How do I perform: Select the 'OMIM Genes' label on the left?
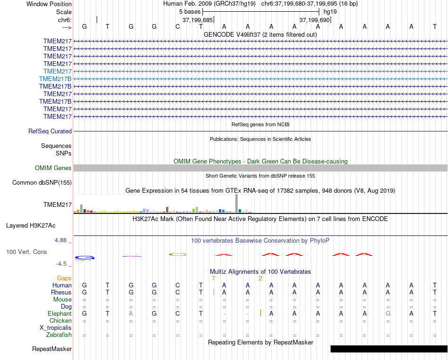53,168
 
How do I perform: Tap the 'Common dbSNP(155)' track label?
42,182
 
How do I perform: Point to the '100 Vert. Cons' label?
26,252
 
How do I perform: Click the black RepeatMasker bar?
389,349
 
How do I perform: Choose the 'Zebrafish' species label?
59,335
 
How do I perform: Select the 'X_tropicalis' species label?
56,327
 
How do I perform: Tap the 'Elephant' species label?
59,313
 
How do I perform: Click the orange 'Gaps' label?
64,278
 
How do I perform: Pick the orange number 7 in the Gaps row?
213,278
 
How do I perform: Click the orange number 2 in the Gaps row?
260,278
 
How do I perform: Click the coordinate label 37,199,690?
314,20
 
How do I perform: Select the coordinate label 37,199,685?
197,20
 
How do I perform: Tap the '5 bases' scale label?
190,11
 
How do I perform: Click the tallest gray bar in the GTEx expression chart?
237,204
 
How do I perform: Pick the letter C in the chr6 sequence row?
178,26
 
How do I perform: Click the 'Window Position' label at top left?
49,4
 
